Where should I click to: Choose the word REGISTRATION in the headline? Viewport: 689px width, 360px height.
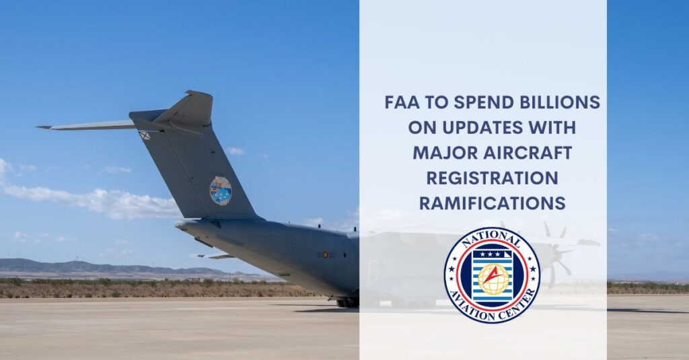491,178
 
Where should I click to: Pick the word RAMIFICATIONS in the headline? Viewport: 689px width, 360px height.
491,203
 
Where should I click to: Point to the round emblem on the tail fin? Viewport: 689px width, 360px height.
220,190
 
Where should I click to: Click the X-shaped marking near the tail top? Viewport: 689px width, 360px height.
144,135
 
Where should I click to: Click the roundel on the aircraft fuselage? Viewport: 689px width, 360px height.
326,255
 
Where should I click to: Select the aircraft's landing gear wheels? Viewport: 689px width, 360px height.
349,303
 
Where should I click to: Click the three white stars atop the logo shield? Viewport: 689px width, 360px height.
492,254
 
